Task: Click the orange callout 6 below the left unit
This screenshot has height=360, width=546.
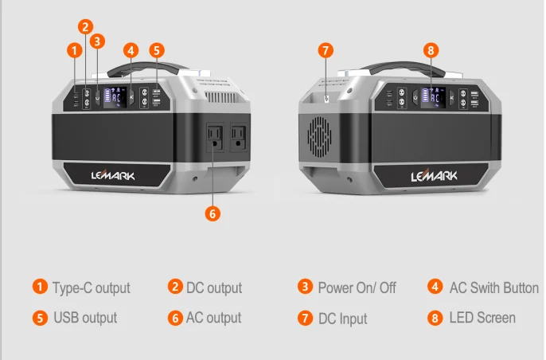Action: coord(212,213)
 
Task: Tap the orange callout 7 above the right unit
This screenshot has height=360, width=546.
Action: coord(326,50)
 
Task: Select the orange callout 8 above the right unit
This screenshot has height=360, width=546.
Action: coord(431,50)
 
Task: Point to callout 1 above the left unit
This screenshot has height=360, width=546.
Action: coord(75,50)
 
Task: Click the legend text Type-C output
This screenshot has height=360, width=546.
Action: coord(91,288)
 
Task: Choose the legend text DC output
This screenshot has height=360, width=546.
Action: coord(213,288)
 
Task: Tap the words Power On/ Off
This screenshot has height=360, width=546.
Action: coord(357,288)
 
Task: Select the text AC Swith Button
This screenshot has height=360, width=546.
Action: coord(493,288)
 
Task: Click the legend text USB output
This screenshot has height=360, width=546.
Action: coord(85,318)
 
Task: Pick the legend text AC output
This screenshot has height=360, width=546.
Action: coord(213,318)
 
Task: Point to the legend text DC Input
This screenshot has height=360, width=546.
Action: coord(342,319)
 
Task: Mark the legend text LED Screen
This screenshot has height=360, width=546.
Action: coord(482,318)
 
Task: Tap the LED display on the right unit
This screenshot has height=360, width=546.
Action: coord(433,100)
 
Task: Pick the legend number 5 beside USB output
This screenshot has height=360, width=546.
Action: coord(39,318)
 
